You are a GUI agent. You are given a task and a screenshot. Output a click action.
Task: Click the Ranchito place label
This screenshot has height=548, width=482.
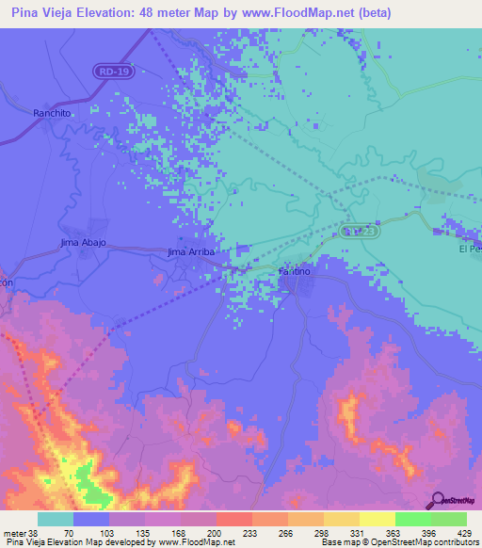[52, 112]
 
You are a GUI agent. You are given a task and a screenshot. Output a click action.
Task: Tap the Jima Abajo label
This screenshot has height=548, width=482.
[83, 243]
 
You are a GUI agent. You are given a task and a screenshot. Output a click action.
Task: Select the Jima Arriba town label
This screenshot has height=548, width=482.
[191, 252]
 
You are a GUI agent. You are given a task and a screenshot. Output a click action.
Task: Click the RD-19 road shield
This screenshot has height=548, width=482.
[113, 72]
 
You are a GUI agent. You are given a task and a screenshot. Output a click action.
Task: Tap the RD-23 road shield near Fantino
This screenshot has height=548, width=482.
[359, 231]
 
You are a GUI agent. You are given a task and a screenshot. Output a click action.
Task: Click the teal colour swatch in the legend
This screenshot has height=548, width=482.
[56, 518]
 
